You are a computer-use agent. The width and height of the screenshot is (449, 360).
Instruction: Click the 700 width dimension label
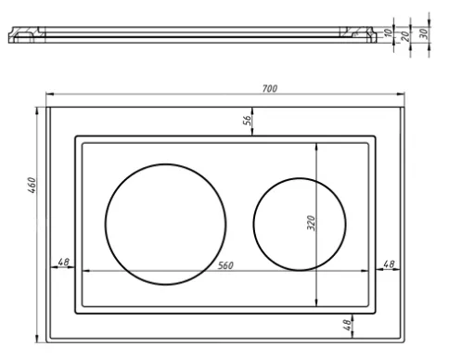(x=270, y=89)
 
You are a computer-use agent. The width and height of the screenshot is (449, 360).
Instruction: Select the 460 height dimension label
(x=32, y=186)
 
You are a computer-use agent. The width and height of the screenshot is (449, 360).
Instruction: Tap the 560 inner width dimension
(x=225, y=265)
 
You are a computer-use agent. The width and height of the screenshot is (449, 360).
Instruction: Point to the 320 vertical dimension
(x=312, y=223)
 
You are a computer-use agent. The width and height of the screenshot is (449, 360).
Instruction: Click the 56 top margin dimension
(x=247, y=121)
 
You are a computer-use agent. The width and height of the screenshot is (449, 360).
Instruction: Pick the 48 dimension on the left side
(x=64, y=262)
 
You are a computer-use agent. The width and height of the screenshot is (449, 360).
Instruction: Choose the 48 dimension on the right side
(x=389, y=264)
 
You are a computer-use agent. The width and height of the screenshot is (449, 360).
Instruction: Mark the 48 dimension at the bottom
(x=347, y=325)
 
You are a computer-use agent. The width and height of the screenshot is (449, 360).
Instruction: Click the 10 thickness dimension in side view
(x=388, y=32)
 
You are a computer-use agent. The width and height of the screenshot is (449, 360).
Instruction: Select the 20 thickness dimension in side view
(x=405, y=36)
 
